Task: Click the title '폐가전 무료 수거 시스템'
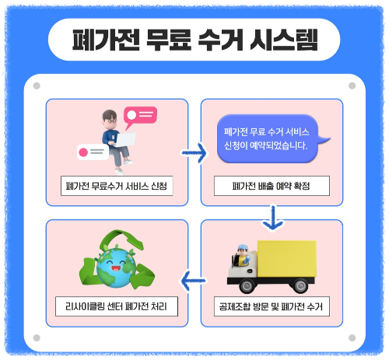(x=194, y=39)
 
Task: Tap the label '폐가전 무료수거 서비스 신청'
(x=117, y=187)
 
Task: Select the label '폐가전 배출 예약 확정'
(x=272, y=187)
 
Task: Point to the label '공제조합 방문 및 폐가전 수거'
(x=272, y=307)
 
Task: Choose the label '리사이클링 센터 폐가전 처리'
(x=117, y=307)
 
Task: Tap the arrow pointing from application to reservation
(x=194, y=152)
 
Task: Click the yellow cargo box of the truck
(x=286, y=260)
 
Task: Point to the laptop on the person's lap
(x=125, y=140)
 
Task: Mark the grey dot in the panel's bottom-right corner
(x=352, y=337)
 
